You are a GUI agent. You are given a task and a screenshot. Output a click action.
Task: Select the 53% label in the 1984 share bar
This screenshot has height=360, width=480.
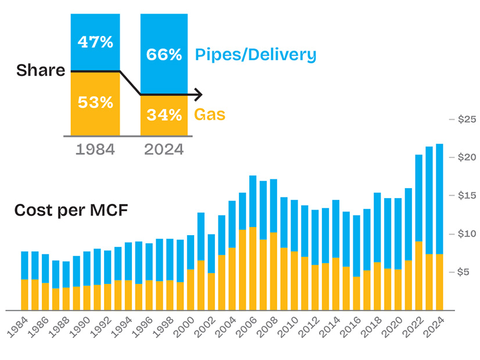tap(95, 102)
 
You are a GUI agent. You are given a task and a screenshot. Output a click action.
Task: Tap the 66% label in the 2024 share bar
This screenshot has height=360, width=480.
tap(164, 55)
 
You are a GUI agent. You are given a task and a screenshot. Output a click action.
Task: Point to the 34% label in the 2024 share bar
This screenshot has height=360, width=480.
tap(164, 115)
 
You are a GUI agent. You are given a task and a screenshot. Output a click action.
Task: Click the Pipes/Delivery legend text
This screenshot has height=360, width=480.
tap(256, 55)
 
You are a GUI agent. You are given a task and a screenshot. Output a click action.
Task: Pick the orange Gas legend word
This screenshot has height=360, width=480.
tap(210, 114)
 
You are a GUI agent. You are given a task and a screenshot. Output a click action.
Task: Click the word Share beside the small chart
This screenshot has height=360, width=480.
tap(41, 71)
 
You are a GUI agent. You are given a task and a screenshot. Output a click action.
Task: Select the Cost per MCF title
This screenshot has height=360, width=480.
tap(71, 210)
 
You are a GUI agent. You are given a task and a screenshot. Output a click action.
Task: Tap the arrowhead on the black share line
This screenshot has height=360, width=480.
tap(199, 95)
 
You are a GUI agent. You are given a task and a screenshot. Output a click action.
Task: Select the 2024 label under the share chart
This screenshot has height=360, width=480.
tap(164, 149)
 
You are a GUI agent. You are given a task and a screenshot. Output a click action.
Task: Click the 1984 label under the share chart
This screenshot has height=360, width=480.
tap(95, 149)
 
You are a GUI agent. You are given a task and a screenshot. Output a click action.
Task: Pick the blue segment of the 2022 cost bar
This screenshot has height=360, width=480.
tap(419, 197)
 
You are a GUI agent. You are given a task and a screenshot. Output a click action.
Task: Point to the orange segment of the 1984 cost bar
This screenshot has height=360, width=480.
tap(25, 294)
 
